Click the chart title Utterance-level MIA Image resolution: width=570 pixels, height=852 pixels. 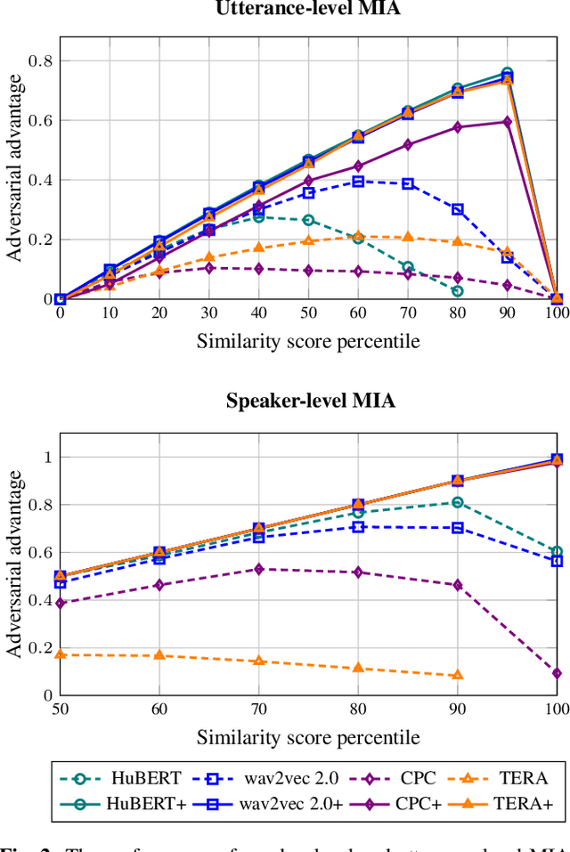tap(307, 10)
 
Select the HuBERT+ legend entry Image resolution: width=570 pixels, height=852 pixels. tap(126, 803)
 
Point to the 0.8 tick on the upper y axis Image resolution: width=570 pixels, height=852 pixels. tap(41, 61)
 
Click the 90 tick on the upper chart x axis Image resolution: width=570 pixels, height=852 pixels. tap(507, 312)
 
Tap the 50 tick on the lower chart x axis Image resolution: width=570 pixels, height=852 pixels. tap(60, 709)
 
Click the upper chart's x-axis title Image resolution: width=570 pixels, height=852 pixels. tap(307, 341)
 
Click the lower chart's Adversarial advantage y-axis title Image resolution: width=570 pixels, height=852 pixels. tap(15, 564)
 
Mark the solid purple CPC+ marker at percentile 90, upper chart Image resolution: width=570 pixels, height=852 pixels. tap(507, 122)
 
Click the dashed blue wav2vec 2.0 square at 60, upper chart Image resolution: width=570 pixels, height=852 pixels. tap(358, 182)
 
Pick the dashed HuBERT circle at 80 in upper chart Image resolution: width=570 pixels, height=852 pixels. tap(457, 291)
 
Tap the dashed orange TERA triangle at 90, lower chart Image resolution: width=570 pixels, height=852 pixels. tap(457, 675)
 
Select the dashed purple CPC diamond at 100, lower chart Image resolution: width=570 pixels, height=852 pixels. tap(557, 673)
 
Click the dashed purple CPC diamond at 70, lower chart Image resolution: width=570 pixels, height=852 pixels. tap(258, 568)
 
